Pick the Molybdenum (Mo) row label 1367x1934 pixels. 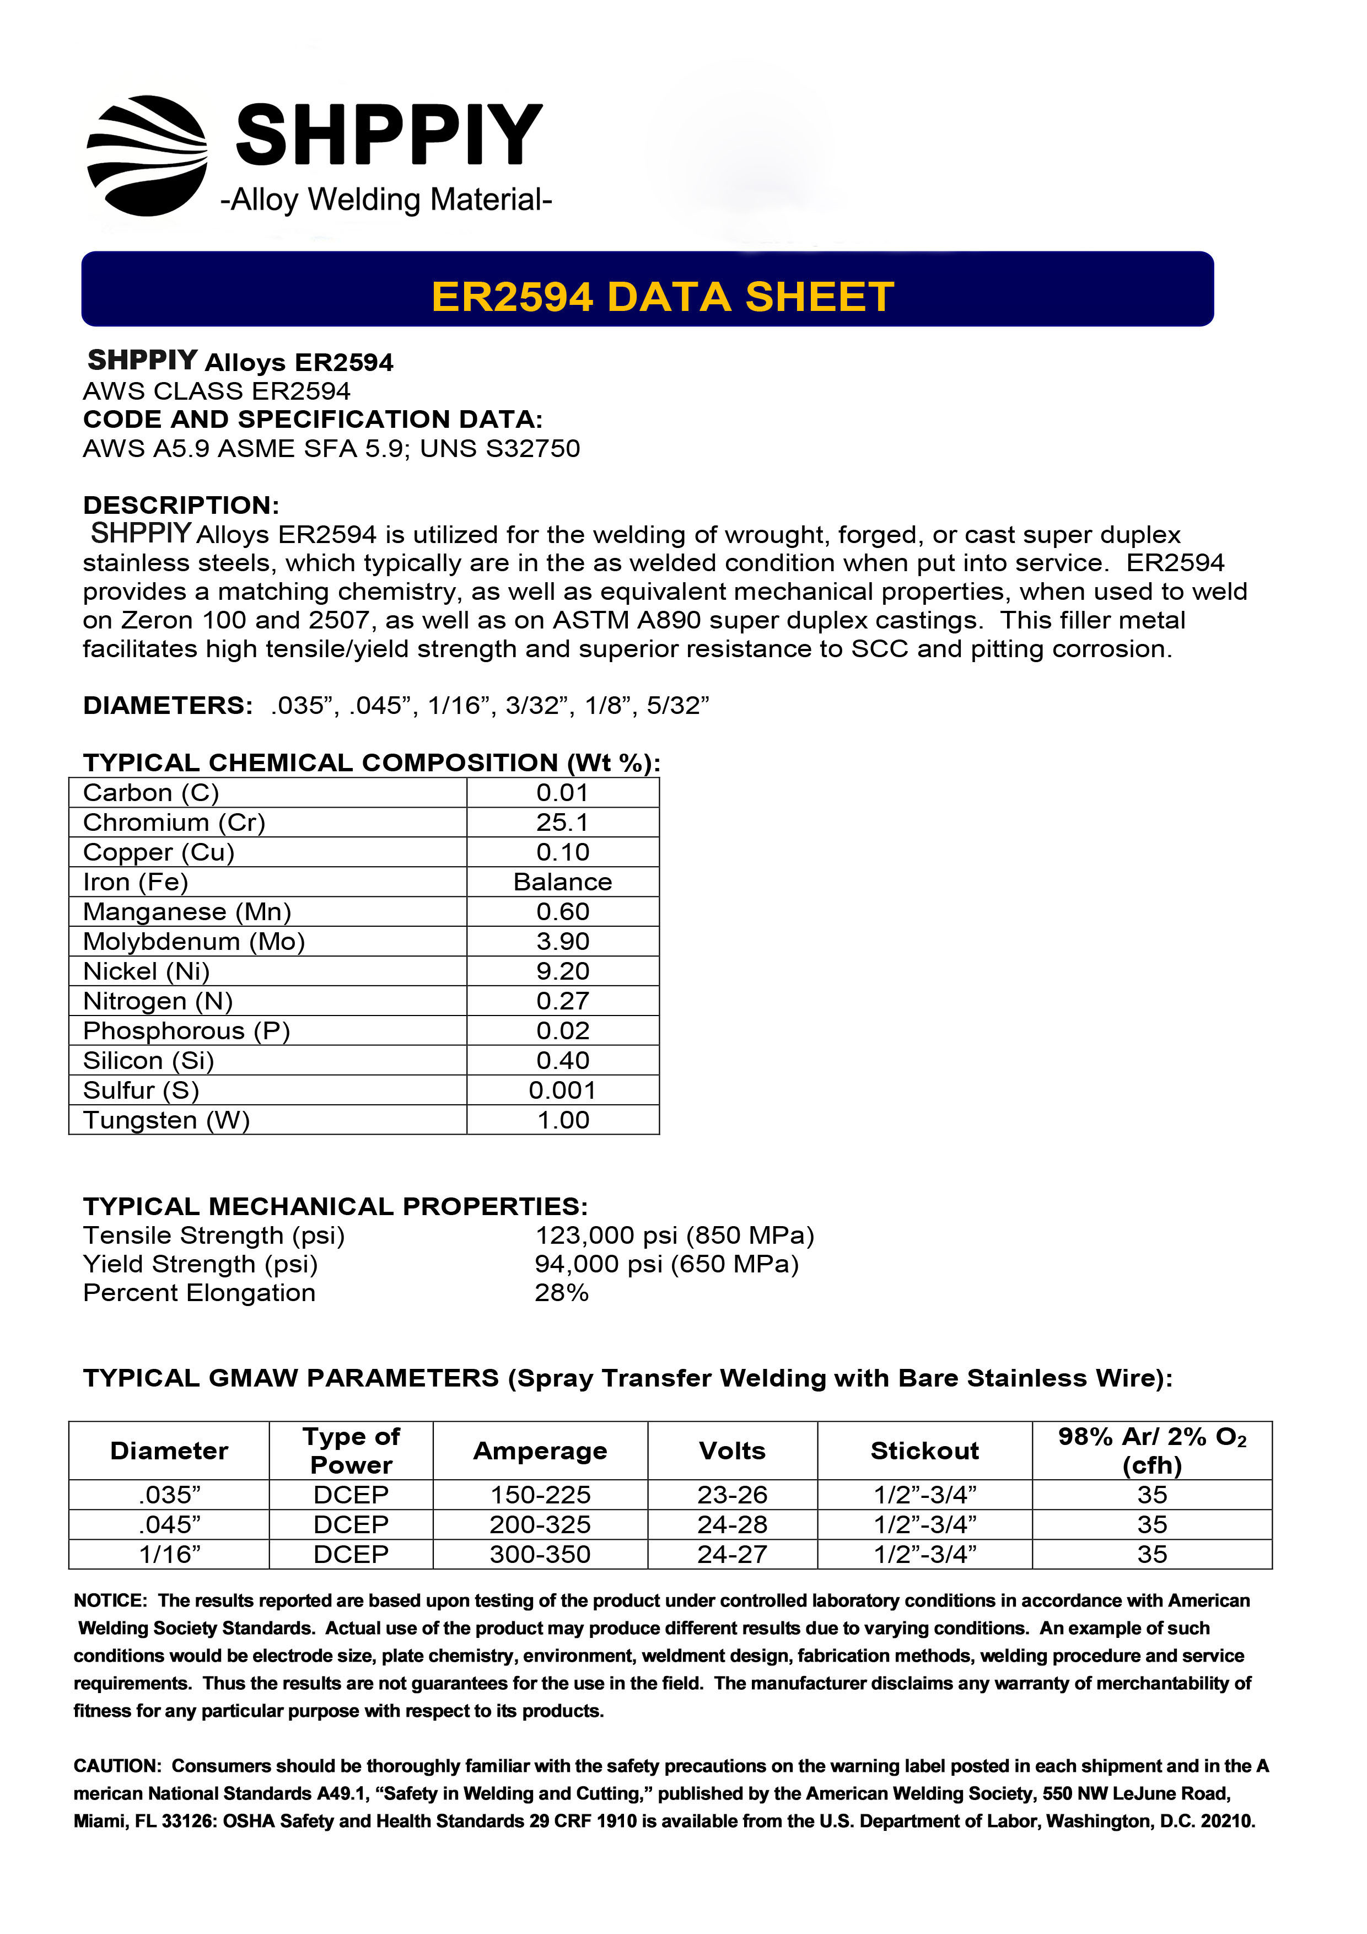click(193, 941)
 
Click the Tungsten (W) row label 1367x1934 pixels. click(166, 1120)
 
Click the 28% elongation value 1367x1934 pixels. click(561, 1292)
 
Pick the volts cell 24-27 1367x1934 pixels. click(732, 1554)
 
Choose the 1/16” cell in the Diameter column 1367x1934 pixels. click(169, 1554)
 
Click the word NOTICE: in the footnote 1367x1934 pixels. click(110, 1600)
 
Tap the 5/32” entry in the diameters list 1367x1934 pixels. click(678, 705)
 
